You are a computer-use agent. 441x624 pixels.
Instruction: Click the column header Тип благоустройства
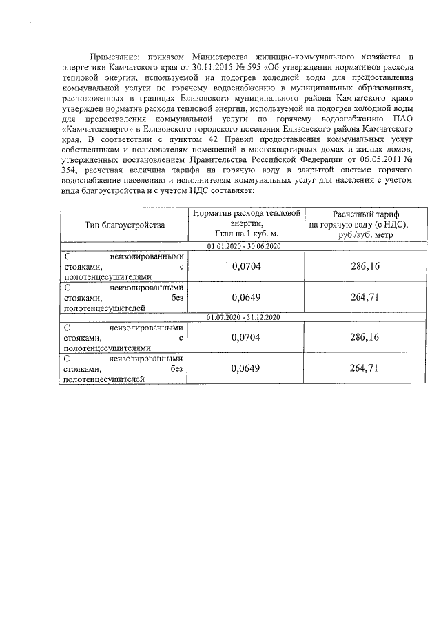(x=125, y=225)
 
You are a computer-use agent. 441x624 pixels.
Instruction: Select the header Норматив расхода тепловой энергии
(x=247, y=224)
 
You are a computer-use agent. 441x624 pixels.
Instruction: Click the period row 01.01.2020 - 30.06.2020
(x=244, y=246)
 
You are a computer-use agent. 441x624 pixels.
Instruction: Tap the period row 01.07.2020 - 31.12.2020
(x=244, y=316)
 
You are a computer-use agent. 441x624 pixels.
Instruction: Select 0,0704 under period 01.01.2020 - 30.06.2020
(x=247, y=265)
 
